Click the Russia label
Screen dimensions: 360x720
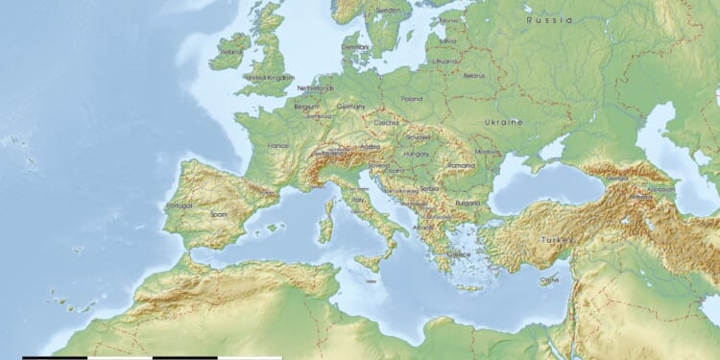point(549,19)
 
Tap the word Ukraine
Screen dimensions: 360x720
point(504,122)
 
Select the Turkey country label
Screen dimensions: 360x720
point(558,239)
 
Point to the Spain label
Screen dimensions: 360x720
point(219,214)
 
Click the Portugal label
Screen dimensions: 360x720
point(180,205)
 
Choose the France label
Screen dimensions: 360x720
point(277,146)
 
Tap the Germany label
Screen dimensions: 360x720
point(351,107)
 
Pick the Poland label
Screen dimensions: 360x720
point(411,98)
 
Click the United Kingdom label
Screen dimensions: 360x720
point(270,77)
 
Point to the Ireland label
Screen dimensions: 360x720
point(231,52)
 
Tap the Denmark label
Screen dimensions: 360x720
point(355,46)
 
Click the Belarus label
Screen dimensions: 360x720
point(473,75)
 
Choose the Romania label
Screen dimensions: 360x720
point(461,165)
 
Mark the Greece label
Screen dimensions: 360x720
point(459,254)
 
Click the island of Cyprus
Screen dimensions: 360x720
point(549,280)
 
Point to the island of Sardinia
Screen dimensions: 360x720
point(325,228)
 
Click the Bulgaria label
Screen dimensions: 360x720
point(468,203)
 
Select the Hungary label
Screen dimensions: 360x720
point(417,154)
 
